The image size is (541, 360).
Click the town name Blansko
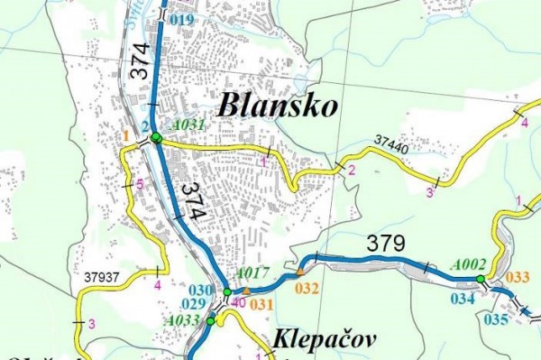278,106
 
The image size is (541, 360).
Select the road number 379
386,243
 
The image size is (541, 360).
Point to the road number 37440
391,140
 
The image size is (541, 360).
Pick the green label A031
188,125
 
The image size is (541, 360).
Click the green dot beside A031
156,137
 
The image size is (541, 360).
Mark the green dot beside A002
481,279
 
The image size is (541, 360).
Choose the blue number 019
180,18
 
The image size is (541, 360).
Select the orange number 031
261,304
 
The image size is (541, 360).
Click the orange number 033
518,276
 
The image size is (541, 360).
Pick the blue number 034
463,298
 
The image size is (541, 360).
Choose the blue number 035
496,318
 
